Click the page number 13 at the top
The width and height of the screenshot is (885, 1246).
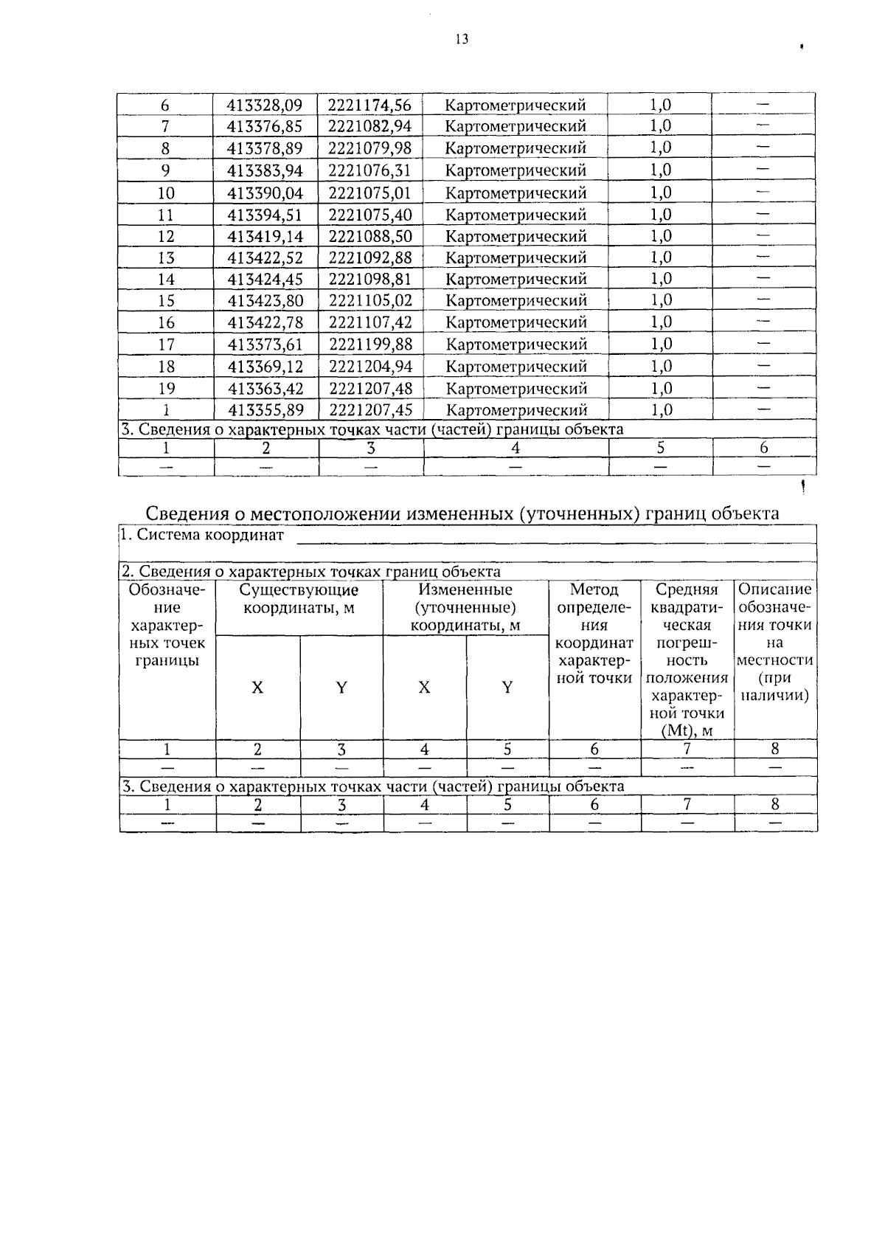[462, 40]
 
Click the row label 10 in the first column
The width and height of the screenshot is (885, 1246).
[166, 193]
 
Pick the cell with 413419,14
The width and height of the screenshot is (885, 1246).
[265, 237]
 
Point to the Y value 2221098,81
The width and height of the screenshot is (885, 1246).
[370, 280]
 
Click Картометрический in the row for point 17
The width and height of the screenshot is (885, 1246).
[516, 345]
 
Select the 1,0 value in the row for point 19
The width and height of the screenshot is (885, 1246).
[661, 388]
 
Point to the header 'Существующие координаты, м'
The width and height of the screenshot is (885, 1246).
[299, 599]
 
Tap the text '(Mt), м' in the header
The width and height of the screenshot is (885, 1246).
[687, 731]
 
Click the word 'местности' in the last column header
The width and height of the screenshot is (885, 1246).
[774, 660]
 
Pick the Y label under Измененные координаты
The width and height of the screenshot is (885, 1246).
[507, 688]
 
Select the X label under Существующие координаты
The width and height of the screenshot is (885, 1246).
[257, 688]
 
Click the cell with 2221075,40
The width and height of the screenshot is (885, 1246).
[370, 215]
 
